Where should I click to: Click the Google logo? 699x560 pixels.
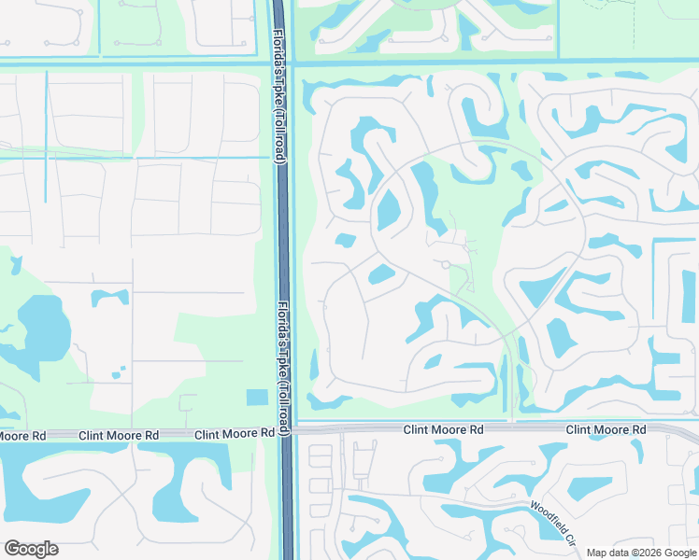tap(31, 549)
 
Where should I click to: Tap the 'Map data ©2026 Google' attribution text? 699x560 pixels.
tap(640, 553)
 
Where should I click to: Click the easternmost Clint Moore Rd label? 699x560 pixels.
tap(606, 429)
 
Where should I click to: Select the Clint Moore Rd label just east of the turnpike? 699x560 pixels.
tap(443, 429)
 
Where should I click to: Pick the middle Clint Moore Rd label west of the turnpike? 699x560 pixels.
tap(119, 436)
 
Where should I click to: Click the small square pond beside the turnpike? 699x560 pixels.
tap(256, 398)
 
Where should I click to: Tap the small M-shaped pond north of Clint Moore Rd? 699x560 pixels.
tap(109, 298)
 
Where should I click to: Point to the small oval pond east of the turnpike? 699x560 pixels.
tap(380, 274)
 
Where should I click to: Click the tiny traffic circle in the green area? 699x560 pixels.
tap(447, 265)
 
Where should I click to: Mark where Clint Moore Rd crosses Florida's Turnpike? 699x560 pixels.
tap(286, 431)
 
